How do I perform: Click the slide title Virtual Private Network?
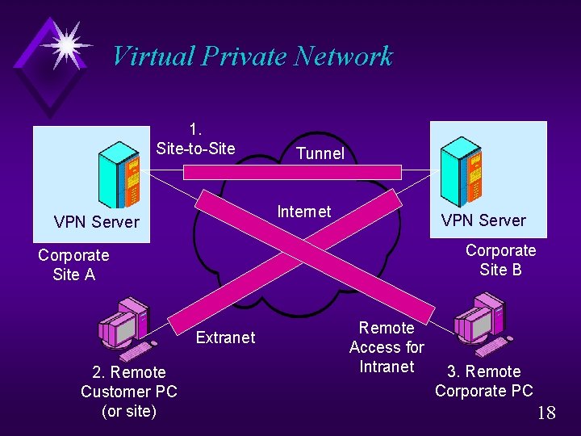[252, 56]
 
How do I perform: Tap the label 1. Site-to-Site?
[195, 139]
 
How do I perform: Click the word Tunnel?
[320, 153]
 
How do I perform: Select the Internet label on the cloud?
[303, 212]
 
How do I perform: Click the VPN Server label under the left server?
[96, 221]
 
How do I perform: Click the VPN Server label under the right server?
[483, 220]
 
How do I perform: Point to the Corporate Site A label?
[73, 265]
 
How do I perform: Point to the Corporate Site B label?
[500, 260]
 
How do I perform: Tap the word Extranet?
[225, 337]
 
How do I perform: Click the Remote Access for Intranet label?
[387, 347]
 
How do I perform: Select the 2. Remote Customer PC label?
[129, 392]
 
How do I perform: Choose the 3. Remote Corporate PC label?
[484, 381]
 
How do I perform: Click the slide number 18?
[546, 413]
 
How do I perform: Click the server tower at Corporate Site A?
[119, 174]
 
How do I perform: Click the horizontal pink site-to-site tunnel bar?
[290, 171]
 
